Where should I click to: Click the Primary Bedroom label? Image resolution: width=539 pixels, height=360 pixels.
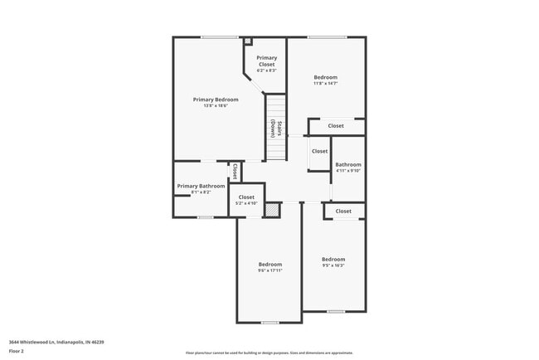click(x=210, y=100)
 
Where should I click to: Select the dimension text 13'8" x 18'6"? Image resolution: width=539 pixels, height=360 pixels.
click(x=210, y=106)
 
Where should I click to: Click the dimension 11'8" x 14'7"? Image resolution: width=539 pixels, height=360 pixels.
click(x=325, y=84)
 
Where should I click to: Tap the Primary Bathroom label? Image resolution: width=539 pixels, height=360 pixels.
click(x=201, y=186)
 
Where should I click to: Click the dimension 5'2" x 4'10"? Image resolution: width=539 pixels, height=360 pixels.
click(x=246, y=203)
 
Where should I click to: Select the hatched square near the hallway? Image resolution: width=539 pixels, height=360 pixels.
click(x=271, y=211)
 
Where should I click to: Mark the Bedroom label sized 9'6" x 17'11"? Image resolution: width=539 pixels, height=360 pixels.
click(x=269, y=265)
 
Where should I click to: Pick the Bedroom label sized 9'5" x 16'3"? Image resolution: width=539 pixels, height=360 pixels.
click(x=333, y=259)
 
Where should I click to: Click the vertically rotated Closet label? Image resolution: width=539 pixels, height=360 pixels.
click(x=235, y=171)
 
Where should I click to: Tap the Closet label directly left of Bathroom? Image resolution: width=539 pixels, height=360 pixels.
click(x=319, y=152)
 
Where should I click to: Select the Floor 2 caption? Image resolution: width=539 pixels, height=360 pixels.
click(x=17, y=351)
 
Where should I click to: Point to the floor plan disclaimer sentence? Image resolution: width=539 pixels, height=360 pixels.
click(x=269, y=352)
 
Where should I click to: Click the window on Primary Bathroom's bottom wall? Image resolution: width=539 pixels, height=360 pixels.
click(x=205, y=217)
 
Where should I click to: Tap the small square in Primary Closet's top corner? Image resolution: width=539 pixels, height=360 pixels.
click(x=247, y=40)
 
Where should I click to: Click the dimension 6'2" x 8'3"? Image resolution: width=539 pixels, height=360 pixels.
click(x=266, y=71)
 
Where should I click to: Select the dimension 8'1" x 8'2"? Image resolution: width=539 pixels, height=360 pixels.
click(x=201, y=192)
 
